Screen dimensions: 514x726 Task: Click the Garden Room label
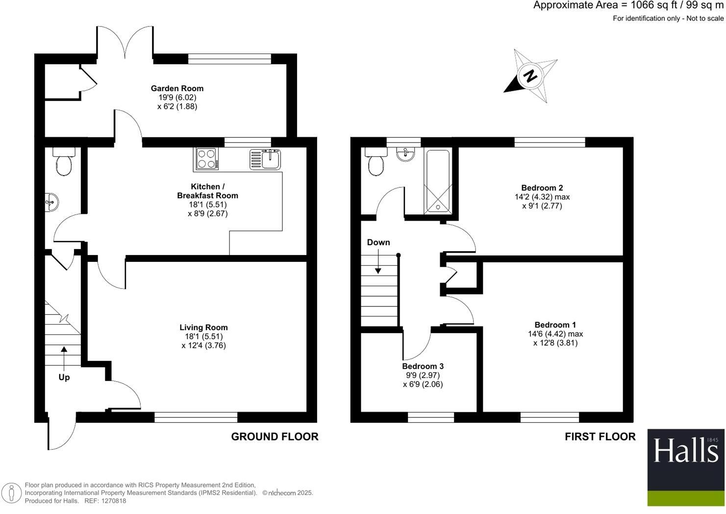177,88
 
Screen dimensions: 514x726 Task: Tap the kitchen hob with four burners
206,159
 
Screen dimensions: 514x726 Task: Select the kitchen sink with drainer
265,159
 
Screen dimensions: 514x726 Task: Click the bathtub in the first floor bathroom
439,181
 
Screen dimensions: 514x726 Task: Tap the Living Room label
203,328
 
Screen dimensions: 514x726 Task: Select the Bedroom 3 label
423,366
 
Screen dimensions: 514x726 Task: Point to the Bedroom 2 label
542,188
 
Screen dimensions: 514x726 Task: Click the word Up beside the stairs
64,377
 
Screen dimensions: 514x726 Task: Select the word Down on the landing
378,242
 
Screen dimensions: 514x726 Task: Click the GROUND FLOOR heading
275,437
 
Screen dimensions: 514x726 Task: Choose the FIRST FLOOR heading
600,437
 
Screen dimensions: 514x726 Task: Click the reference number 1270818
113,501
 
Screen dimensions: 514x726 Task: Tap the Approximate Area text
628,6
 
